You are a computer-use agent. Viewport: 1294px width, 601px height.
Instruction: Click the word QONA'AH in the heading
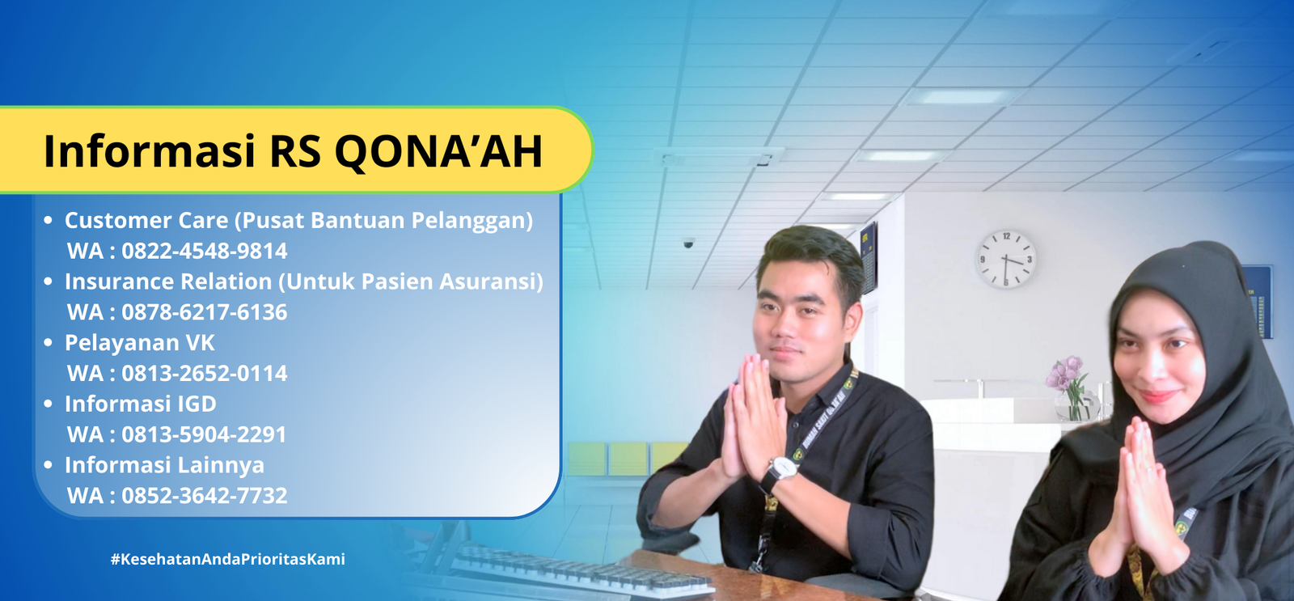tap(438, 152)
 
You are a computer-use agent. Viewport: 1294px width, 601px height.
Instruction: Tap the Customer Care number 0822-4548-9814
tap(204, 251)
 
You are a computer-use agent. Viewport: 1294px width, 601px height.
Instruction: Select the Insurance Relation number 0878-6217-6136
tap(204, 312)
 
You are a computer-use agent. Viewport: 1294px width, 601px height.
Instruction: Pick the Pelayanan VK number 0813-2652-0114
tap(204, 374)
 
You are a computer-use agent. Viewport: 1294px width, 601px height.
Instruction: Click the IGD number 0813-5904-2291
tap(204, 434)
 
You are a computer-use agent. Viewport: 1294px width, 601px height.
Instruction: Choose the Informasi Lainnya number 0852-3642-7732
tap(204, 496)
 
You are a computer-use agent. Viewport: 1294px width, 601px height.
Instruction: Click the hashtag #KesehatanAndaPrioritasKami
tap(227, 560)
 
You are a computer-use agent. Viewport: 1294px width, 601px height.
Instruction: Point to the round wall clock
tap(1006, 260)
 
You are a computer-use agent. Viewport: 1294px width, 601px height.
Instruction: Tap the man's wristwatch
tap(780, 471)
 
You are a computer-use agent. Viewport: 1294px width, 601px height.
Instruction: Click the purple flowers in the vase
tap(1066, 373)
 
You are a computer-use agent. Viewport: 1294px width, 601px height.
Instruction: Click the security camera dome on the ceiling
tap(688, 243)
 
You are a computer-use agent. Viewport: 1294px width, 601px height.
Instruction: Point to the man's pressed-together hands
tap(751, 416)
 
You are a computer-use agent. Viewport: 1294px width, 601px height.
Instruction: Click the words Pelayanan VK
tap(139, 343)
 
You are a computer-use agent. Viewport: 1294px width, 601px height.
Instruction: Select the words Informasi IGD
tap(141, 404)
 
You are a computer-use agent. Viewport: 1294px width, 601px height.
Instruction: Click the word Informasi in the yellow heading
tap(149, 152)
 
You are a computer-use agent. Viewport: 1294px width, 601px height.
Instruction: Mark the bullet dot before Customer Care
tap(48, 220)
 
